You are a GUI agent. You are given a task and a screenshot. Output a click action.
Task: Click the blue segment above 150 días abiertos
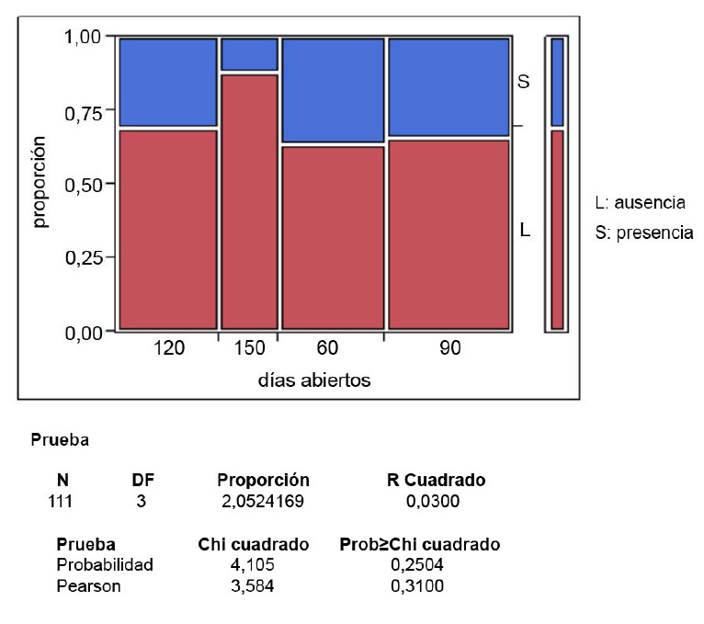(248, 53)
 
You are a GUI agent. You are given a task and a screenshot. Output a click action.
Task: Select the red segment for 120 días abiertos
(168, 229)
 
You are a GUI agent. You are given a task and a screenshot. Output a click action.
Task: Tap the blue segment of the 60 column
(332, 90)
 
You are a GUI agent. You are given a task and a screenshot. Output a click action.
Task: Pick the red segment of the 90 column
(449, 233)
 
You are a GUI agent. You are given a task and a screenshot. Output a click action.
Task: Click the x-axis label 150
(249, 349)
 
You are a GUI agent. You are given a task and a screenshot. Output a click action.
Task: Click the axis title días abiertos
(313, 380)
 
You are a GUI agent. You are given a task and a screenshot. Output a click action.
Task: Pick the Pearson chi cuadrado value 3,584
(255, 584)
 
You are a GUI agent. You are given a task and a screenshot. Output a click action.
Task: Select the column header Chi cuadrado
(254, 545)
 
